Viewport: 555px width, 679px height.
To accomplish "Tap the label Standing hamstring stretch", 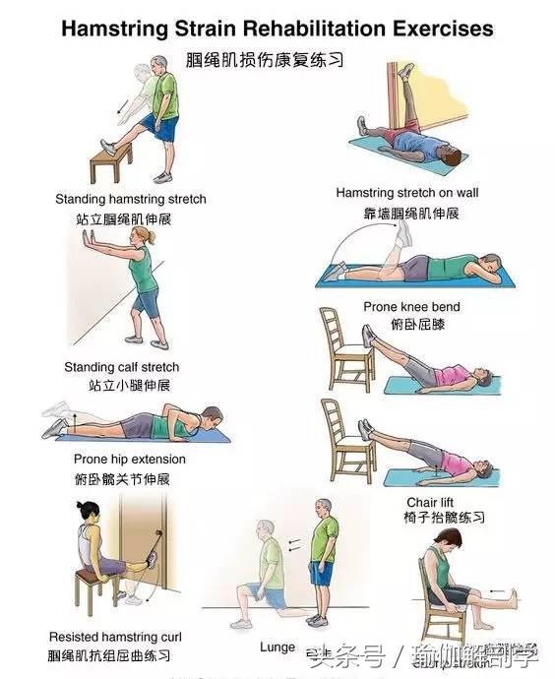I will [x=130, y=199].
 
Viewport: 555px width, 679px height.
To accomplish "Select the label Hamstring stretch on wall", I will [x=406, y=193].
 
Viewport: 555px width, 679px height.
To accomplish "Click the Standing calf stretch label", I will [x=122, y=367].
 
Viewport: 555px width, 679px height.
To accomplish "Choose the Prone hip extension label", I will [x=129, y=459].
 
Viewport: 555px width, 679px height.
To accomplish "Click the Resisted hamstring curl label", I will [x=115, y=637].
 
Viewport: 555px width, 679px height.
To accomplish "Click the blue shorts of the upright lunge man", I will [x=320, y=574].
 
